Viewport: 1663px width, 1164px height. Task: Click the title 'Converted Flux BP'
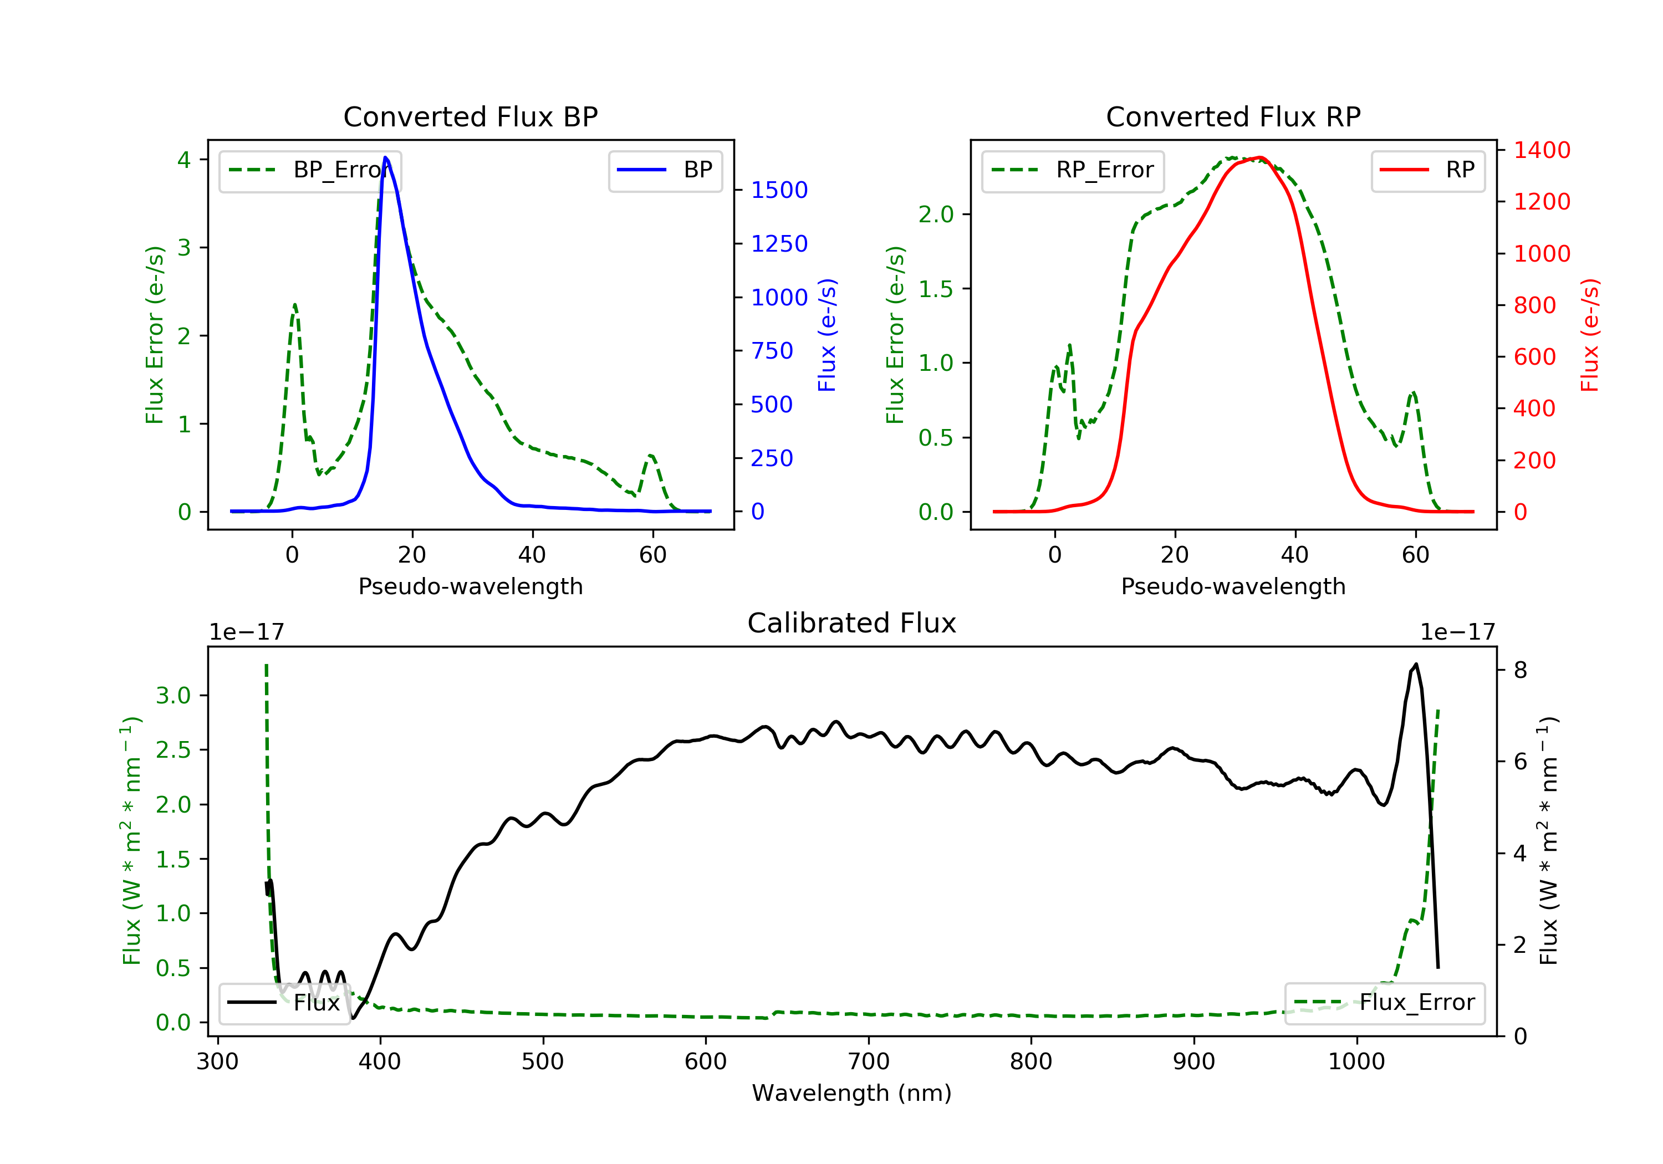pyautogui.click(x=470, y=116)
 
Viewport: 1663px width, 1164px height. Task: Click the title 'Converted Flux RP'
pyautogui.click(x=1233, y=116)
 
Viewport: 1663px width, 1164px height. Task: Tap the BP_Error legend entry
pyautogui.click(x=310, y=170)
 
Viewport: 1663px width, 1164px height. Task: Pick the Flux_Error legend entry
pyautogui.click(x=1384, y=1003)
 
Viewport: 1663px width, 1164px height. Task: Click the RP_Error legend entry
pyautogui.click(x=1073, y=170)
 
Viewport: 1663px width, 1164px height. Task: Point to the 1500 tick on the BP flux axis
pyautogui.click(x=779, y=190)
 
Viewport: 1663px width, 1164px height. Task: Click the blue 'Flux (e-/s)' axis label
pyautogui.click(x=827, y=335)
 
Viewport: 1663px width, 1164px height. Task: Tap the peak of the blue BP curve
pyautogui.click(x=385, y=157)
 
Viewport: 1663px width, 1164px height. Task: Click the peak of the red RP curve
pyautogui.click(x=1261, y=157)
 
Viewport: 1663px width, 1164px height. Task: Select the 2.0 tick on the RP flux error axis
pyautogui.click(x=935, y=215)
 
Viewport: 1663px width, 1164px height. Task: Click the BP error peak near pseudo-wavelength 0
pyautogui.click(x=295, y=305)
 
